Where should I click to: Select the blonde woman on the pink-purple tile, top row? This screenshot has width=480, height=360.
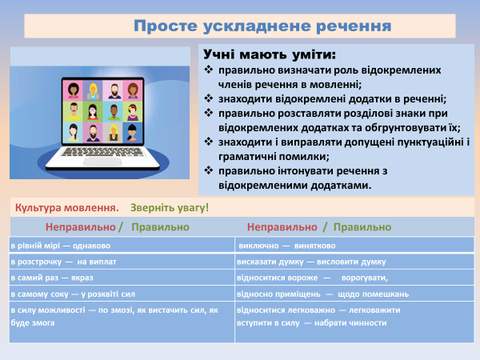pos(93,90)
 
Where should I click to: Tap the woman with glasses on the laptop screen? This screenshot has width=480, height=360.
pos(93,111)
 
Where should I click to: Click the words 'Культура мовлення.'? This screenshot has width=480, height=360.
pos(66,207)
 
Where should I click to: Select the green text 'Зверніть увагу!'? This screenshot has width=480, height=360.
pos(170,207)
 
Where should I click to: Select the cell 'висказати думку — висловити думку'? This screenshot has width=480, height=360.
pos(311,262)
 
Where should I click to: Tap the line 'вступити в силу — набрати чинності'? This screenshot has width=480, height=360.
pos(312,322)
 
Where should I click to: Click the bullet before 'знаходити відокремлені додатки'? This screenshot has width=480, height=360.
pos(210,99)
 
